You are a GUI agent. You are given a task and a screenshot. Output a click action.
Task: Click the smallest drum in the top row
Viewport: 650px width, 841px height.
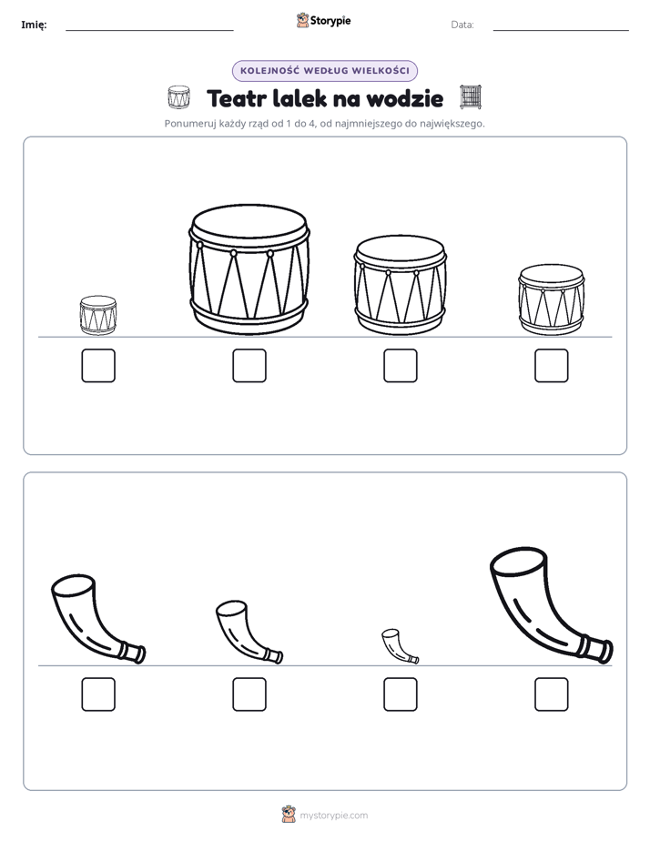(98, 315)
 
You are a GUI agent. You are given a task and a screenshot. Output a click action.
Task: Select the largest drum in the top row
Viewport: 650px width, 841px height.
(249, 269)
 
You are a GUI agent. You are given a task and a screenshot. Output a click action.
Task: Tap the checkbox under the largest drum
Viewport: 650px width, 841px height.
(249, 366)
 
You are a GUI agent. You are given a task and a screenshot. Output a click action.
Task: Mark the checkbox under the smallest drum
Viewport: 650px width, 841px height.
(98, 366)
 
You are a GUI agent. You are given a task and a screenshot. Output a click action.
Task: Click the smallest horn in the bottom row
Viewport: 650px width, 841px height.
(400, 647)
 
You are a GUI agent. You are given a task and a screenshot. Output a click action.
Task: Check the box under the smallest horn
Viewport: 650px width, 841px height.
(401, 694)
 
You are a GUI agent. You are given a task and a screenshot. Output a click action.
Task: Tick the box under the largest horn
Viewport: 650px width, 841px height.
(552, 694)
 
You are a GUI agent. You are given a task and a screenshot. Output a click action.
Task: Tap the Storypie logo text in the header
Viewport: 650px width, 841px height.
(330, 21)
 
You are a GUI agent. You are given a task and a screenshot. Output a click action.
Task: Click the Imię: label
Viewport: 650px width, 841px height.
(34, 25)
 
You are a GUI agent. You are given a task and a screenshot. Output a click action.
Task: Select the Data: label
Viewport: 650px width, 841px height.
(462, 25)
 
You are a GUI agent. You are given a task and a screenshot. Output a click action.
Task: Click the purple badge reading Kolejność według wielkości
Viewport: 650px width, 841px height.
(325, 71)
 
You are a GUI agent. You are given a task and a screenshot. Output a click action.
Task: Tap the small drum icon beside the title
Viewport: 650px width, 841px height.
(178, 97)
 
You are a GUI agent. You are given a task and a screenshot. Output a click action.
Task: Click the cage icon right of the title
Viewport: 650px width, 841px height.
(471, 97)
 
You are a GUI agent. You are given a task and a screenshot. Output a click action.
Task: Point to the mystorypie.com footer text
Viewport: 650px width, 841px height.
(333, 816)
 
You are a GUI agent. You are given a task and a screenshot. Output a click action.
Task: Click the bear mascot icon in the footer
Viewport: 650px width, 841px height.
(289, 815)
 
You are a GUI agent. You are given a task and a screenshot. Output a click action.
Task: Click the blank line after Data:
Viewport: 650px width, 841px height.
(561, 30)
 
